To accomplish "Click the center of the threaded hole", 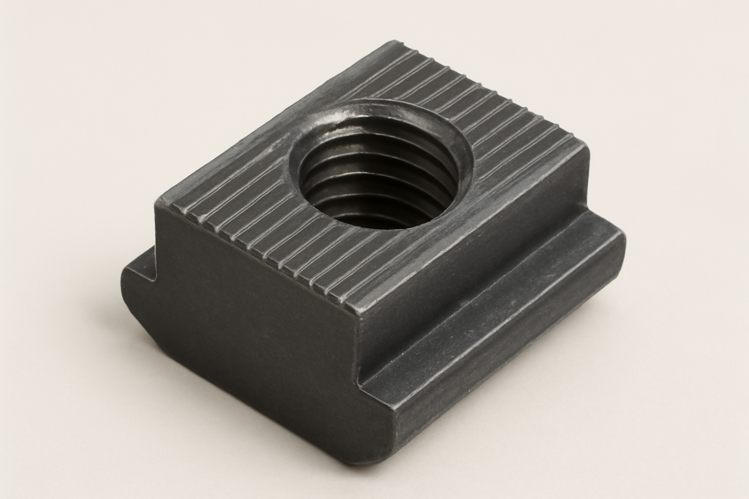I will click(x=379, y=168).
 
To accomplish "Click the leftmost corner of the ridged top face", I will click(x=157, y=201).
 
